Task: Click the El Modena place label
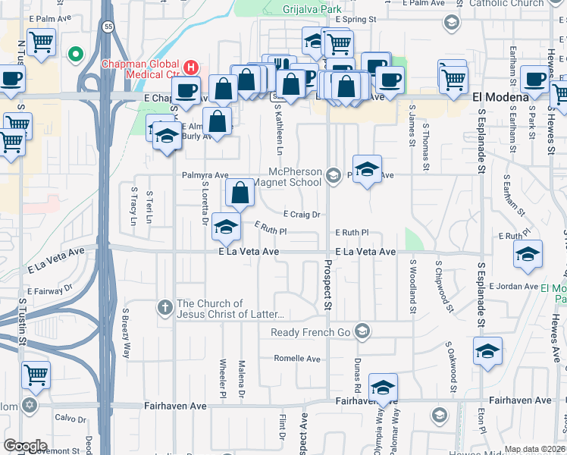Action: pos(500,98)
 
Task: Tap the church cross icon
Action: pos(164,306)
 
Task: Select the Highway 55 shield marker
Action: pos(108,27)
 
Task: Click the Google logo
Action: pos(25,446)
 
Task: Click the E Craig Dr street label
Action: pos(302,215)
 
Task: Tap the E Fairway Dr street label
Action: pos(49,290)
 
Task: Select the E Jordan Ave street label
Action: pos(513,287)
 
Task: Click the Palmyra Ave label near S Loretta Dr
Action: pos(205,175)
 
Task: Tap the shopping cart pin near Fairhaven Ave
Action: pos(36,373)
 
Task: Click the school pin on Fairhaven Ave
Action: pos(384,387)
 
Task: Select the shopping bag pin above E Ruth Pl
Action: pos(240,193)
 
